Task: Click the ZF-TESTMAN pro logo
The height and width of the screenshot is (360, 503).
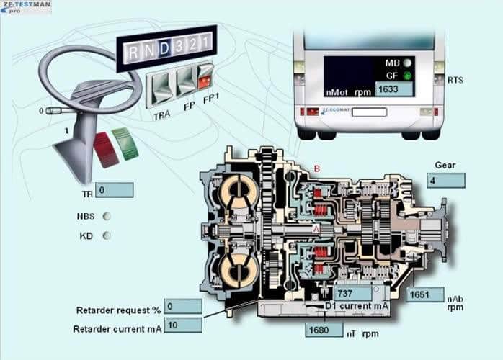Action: [x=26, y=7]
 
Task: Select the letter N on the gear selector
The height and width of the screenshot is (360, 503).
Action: [x=148, y=50]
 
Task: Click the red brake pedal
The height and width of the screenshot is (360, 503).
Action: [x=105, y=150]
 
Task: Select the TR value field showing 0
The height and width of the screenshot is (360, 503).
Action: [x=114, y=190]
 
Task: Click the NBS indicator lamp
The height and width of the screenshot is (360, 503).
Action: [x=107, y=215]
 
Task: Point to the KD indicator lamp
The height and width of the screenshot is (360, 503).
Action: [x=107, y=235]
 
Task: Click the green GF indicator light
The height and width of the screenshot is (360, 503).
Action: [x=408, y=75]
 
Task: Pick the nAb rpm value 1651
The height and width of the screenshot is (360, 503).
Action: [x=425, y=294]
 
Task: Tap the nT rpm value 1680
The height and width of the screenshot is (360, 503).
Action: [x=324, y=330]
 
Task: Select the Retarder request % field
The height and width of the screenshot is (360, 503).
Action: [x=182, y=307]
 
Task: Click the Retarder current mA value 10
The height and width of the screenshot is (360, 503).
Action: [x=182, y=325]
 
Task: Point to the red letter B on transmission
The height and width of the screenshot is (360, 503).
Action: [x=316, y=169]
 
